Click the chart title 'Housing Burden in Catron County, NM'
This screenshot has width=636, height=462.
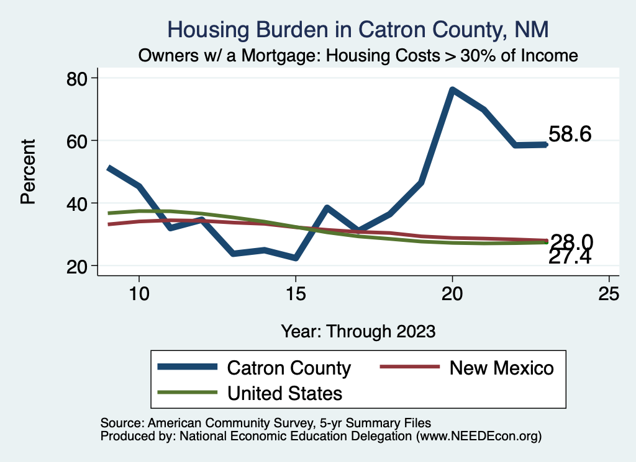(x=358, y=29)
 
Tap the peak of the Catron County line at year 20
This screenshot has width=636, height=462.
(x=452, y=90)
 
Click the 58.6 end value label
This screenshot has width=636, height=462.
(x=570, y=134)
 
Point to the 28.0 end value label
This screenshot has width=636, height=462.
(x=571, y=241)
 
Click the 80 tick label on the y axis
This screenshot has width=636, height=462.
(x=79, y=78)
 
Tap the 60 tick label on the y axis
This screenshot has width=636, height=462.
(x=79, y=141)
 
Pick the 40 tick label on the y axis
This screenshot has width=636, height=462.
(x=79, y=203)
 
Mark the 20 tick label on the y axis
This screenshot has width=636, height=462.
(x=79, y=266)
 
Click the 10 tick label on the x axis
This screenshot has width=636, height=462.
(x=139, y=293)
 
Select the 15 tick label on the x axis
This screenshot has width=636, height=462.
(x=296, y=293)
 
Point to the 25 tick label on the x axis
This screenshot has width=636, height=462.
(x=609, y=293)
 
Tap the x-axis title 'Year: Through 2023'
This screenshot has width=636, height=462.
(x=358, y=331)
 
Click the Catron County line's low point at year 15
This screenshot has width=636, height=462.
(x=296, y=258)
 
